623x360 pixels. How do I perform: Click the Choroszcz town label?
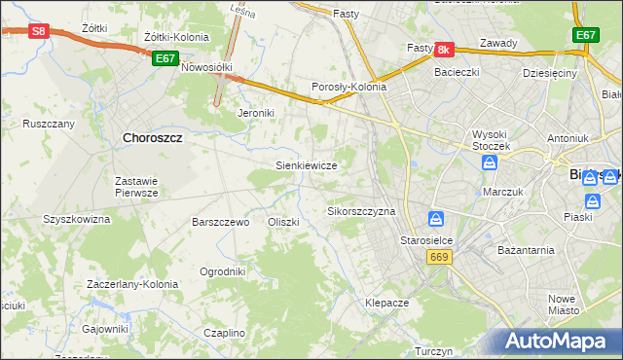154,138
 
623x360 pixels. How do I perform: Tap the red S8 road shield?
38,31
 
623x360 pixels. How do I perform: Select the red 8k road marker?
444,49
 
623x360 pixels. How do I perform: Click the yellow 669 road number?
438,256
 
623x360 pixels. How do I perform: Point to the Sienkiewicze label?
307,165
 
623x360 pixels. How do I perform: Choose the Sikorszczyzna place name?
361,211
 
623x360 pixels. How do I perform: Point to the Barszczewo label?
222,222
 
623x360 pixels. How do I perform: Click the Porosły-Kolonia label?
348,87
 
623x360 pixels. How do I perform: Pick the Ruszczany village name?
49,124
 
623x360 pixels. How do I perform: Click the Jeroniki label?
259,113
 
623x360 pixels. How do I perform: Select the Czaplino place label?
225,333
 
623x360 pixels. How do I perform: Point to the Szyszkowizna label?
77,219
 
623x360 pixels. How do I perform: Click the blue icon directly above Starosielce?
436,219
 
